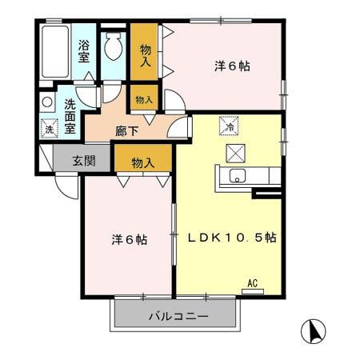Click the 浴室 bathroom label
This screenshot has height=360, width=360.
click(84, 53)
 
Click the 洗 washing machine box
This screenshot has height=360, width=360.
click(48, 128)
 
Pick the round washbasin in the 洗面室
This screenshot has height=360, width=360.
click(47, 102)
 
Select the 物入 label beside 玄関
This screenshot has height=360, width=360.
click(142, 162)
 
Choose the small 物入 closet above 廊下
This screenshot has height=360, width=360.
click(144, 100)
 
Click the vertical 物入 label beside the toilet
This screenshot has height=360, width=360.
click(145, 54)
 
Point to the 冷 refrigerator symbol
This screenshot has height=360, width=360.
click(228, 126)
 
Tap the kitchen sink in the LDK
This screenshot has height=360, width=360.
click(238, 176)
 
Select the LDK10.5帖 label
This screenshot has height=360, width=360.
click(233, 238)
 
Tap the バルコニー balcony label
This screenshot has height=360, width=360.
click(178, 317)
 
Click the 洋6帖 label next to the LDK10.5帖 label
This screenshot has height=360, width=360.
click(128, 238)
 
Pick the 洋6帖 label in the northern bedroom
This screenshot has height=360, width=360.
click(233, 66)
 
